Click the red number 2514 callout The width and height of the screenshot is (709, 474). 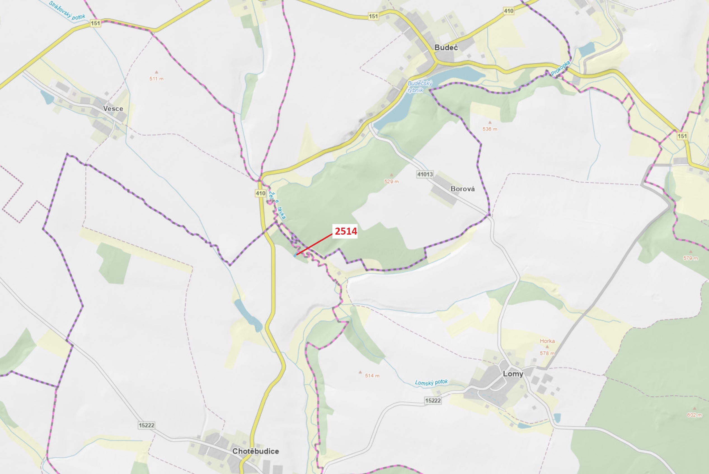pyautogui.click(x=346, y=231)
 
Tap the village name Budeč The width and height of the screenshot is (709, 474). pyautogui.click(x=446, y=47)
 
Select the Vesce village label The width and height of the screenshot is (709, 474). pyautogui.click(x=113, y=109)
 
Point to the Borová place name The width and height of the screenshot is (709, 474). pyautogui.click(x=462, y=189)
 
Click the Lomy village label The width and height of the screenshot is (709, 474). pyautogui.click(x=513, y=374)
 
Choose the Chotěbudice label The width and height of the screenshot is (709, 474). pyautogui.click(x=255, y=451)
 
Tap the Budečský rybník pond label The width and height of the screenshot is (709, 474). pyautogui.click(x=420, y=87)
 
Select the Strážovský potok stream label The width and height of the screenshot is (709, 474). pyautogui.click(x=67, y=11)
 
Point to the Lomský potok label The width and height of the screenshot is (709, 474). pyautogui.click(x=431, y=382)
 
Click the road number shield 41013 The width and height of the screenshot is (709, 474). pyautogui.click(x=425, y=174)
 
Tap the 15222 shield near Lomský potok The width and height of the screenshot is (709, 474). pyautogui.click(x=433, y=401)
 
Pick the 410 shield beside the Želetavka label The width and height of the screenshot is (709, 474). pyautogui.click(x=260, y=193)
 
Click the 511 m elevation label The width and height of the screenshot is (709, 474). pyautogui.click(x=156, y=79)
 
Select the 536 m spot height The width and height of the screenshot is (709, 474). pyautogui.click(x=490, y=129)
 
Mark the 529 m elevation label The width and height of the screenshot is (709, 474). pyautogui.click(x=391, y=182)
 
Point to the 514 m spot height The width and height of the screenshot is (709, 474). pyautogui.click(x=372, y=376)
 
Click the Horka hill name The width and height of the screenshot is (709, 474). pyautogui.click(x=547, y=341)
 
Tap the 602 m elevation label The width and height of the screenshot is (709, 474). pyautogui.click(x=694, y=415)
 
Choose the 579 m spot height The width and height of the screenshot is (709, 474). pyautogui.click(x=691, y=258)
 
